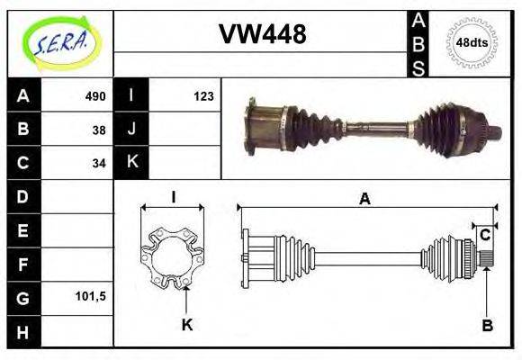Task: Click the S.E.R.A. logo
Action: pyautogui.click(x=59, y=41)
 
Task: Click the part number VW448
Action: pyautogui.click(x=263, y=34)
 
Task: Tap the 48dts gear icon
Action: pyautogui.click(x=472, y=42)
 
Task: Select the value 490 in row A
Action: pyautogui.click(x=95, y=96)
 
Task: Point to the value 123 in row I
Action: pyautogui.click(x=202, y=96)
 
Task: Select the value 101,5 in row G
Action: pyautogui.click(x=90, y=296)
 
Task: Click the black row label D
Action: pyautogui.click(x=23, y=196)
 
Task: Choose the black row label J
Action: pyautogui.click(x=131, y=130)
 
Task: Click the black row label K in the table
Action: pyautogui.click(x=131, y=163)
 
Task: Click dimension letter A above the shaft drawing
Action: pyautogui.click(x=364, y=200)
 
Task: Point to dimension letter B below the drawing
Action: pyautogui.click(x=487, y=325)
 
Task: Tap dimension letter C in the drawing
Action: pyautogui.click(x=485, y=235)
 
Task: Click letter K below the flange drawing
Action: pyautogui.click(x=186, y=325)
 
